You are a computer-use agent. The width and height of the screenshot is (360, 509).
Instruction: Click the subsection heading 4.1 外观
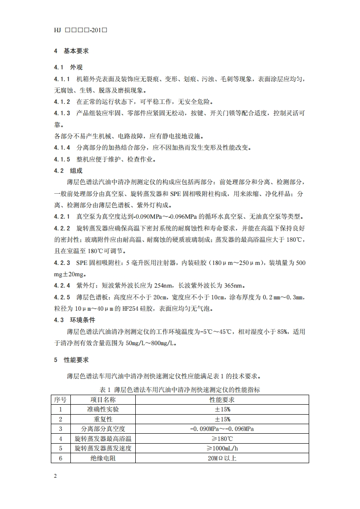coord(68,67)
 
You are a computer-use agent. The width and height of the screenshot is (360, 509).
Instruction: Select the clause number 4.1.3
coord(62,113)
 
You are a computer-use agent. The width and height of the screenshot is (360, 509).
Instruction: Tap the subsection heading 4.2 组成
coord(68,171)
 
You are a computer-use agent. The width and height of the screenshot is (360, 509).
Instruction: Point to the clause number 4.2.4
coord(62,286)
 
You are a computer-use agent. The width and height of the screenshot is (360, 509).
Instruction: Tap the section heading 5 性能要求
coord(71,360)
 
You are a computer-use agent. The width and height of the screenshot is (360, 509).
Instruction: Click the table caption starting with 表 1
coord(180,390)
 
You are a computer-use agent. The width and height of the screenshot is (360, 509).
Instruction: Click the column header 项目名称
coord(103,399)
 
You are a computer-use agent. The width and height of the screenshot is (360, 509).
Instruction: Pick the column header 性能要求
coord(222,399)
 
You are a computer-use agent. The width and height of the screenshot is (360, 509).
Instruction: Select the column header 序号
coord(60,399)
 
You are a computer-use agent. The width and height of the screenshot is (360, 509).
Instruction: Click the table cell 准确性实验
coord(103,409)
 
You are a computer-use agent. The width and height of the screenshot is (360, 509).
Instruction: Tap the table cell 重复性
coord(103,419)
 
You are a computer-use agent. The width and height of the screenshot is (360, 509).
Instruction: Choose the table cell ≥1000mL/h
coord(222,449)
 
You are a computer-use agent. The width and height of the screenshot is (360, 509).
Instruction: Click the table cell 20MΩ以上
coord(222,458)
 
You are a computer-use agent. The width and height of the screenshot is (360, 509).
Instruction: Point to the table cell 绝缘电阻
coord(103,458)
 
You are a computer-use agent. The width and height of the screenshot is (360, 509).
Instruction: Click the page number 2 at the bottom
coord(55,476)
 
